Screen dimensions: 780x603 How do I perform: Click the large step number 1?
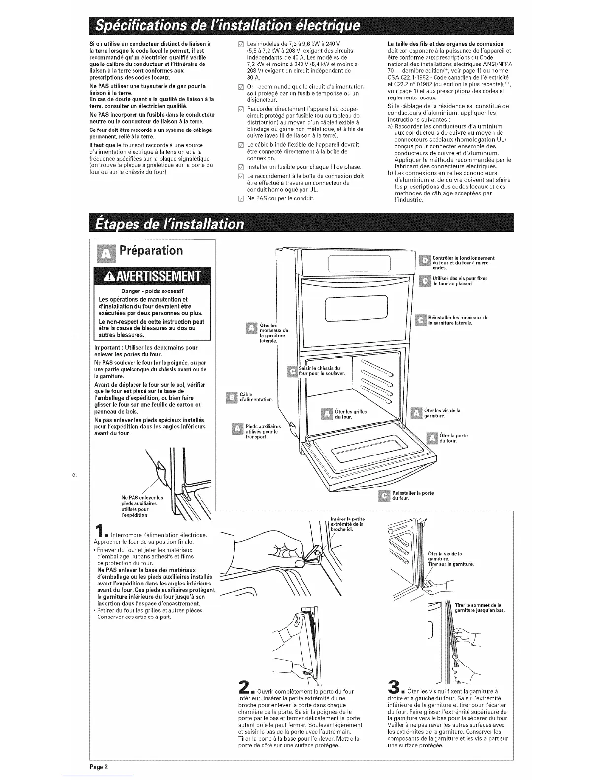click(100, 531)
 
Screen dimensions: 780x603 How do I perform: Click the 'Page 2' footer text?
click(99, 767)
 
